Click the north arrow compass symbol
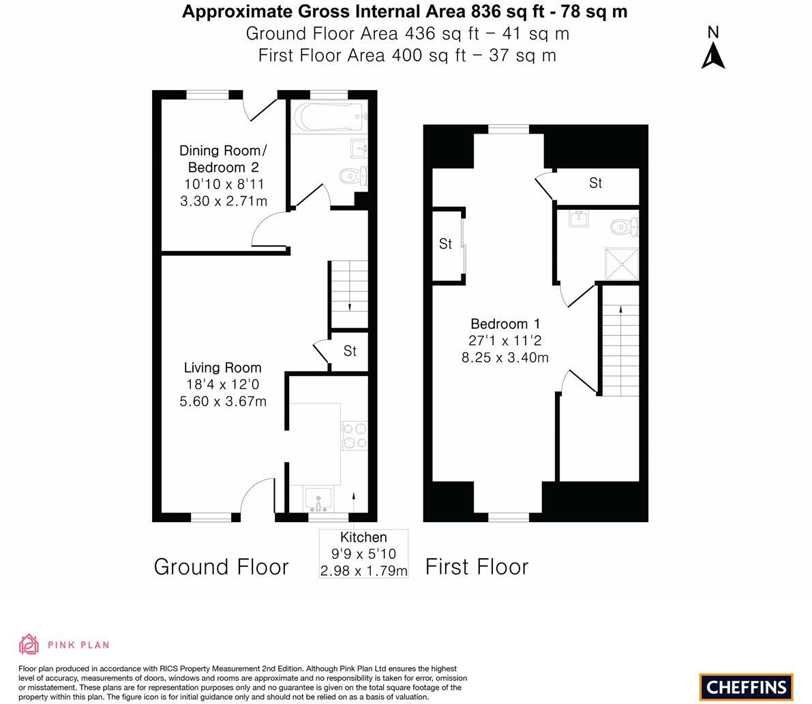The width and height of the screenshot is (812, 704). (713, 54)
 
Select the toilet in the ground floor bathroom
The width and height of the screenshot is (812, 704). (354, 174)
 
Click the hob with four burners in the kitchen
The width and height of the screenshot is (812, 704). (354, 436)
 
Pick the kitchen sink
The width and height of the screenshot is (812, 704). (318, 499)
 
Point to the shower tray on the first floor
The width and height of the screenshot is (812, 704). (621, 263)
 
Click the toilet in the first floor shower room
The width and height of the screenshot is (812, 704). (624, 226)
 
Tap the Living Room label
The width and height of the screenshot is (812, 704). (222, 368)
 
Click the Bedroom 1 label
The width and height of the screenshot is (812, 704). (505, 324)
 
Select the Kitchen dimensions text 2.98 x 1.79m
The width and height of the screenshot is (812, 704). (363, 570)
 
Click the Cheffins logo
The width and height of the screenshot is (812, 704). (747, 687)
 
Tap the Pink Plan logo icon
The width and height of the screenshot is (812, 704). (29, 644)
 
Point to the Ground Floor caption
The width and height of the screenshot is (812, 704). (221, 567)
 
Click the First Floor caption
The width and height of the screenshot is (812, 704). (477, 567)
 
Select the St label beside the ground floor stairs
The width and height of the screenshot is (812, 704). (350, 351)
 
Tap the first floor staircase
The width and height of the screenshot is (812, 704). (619, 341)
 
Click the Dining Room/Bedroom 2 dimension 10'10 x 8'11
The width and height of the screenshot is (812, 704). (224, 184)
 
